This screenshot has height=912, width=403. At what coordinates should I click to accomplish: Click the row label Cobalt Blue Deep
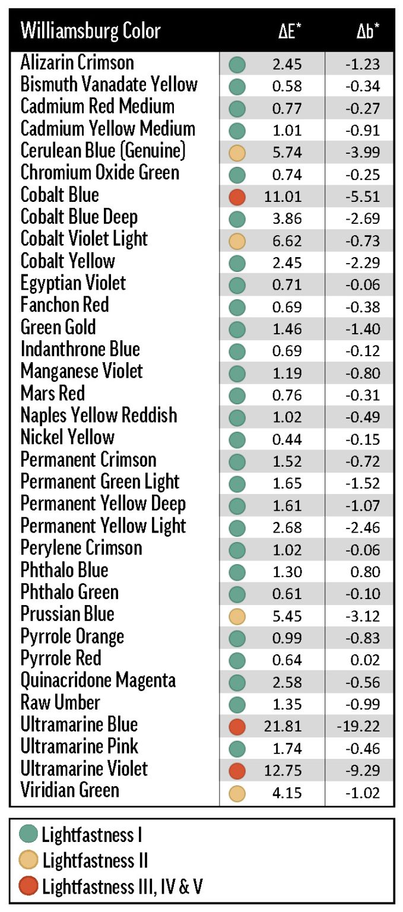click(x=79, y=217)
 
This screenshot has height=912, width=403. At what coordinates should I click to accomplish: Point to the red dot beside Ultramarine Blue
click(x=237, y=726)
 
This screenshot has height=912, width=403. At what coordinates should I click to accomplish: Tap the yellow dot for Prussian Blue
click(x=237, y=615)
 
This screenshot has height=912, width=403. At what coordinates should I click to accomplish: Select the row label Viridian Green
click(x=69, y=790)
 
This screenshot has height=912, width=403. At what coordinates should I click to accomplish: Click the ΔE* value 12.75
click(x=283, y=769)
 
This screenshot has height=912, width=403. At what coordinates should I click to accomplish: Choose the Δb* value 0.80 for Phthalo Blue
click(x=366, y=571)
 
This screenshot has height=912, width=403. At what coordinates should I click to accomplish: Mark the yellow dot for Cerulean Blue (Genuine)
click(x=237, y=152)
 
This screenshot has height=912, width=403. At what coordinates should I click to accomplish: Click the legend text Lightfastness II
click(x=95, y=860)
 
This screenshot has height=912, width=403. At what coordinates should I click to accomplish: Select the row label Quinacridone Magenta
click(x=98, y=680)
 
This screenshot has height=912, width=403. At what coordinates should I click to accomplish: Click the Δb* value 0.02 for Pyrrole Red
click(x=366, y=659)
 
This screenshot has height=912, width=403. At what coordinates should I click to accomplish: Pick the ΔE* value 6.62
click(x=287, y=240)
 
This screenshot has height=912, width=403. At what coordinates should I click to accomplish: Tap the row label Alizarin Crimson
click(x=77, y=63)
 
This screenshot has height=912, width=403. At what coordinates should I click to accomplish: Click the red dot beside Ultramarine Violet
click(x=237, y=770)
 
